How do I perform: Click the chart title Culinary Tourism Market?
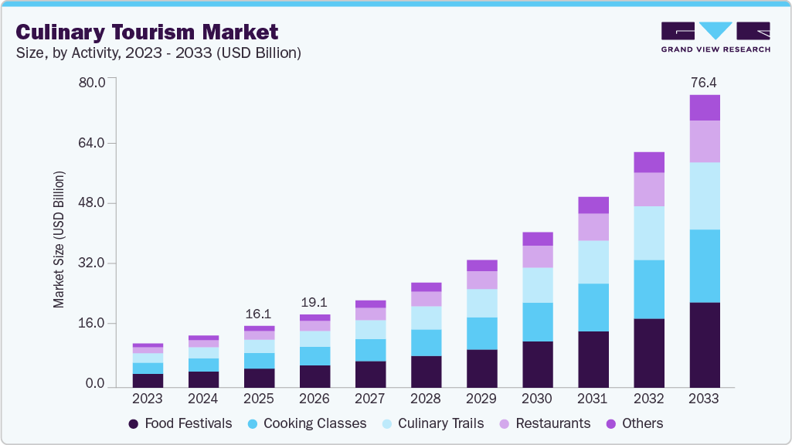coord(147,32)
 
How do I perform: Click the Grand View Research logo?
coord(716,37)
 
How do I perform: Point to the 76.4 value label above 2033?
coord(704,82)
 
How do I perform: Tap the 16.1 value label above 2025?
coord(259,314)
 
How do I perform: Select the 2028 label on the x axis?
coord(426,399)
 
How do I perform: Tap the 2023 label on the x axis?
coord(148,399)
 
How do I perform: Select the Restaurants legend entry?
coord(544,423)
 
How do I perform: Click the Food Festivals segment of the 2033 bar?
coord(704,345)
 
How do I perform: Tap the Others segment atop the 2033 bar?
coord(704,107)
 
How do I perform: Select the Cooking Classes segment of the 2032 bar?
coord(648,289)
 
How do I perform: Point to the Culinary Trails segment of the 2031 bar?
coord(593,262)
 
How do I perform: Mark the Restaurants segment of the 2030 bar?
coord(537,256)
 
